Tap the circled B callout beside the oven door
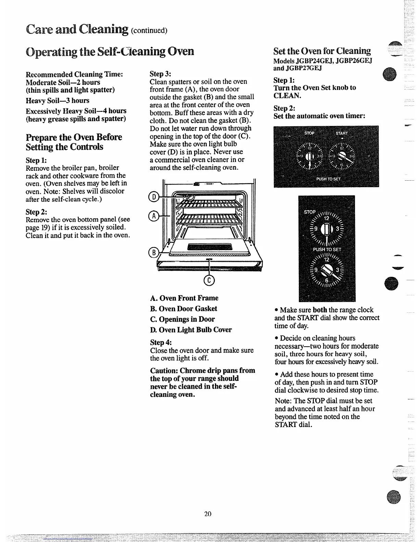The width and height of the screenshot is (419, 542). [x=153, y=253]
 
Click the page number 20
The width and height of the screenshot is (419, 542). [x=208, y=514]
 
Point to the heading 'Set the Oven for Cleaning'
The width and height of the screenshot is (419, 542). [x=322, y=51]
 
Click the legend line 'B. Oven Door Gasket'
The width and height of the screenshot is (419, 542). [x=183, y=309]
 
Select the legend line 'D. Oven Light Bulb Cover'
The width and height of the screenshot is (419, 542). [x=191, y=330]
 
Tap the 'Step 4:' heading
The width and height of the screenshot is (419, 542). [x=161, y=343]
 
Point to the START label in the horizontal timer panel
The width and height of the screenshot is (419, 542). [x=341, y=133]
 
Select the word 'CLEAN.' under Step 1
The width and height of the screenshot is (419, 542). [x=287, y=95]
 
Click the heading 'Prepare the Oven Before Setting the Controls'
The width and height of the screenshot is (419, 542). [x=74, y=142]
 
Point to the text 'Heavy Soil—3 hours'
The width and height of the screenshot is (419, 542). [x=58, y=101]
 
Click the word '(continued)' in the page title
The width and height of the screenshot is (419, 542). [x=149, y=31]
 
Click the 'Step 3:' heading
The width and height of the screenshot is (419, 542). [x=161, y=74]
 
